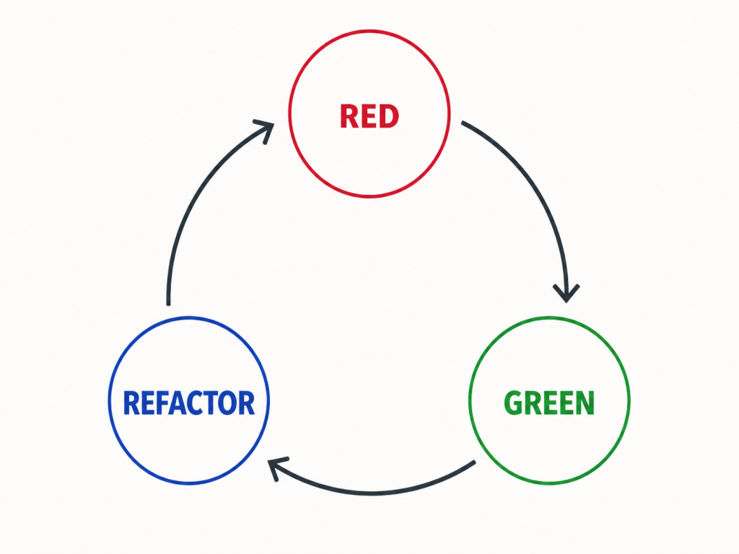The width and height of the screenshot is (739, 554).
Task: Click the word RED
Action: point(369,116)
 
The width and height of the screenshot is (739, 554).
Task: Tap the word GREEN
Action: point(549,403)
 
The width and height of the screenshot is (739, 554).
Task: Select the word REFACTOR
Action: point(189,403)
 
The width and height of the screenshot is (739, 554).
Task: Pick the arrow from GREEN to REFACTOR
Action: point(372,493)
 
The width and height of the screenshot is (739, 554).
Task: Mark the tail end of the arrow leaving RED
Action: point(463,123)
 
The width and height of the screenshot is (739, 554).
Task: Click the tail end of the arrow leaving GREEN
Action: point(473,462)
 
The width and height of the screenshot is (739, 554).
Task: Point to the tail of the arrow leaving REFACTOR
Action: point(168,304)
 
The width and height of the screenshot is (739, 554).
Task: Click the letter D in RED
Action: point(388,116)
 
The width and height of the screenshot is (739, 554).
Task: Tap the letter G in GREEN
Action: point(513,403)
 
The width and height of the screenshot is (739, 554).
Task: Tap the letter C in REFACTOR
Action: point(195,403)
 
